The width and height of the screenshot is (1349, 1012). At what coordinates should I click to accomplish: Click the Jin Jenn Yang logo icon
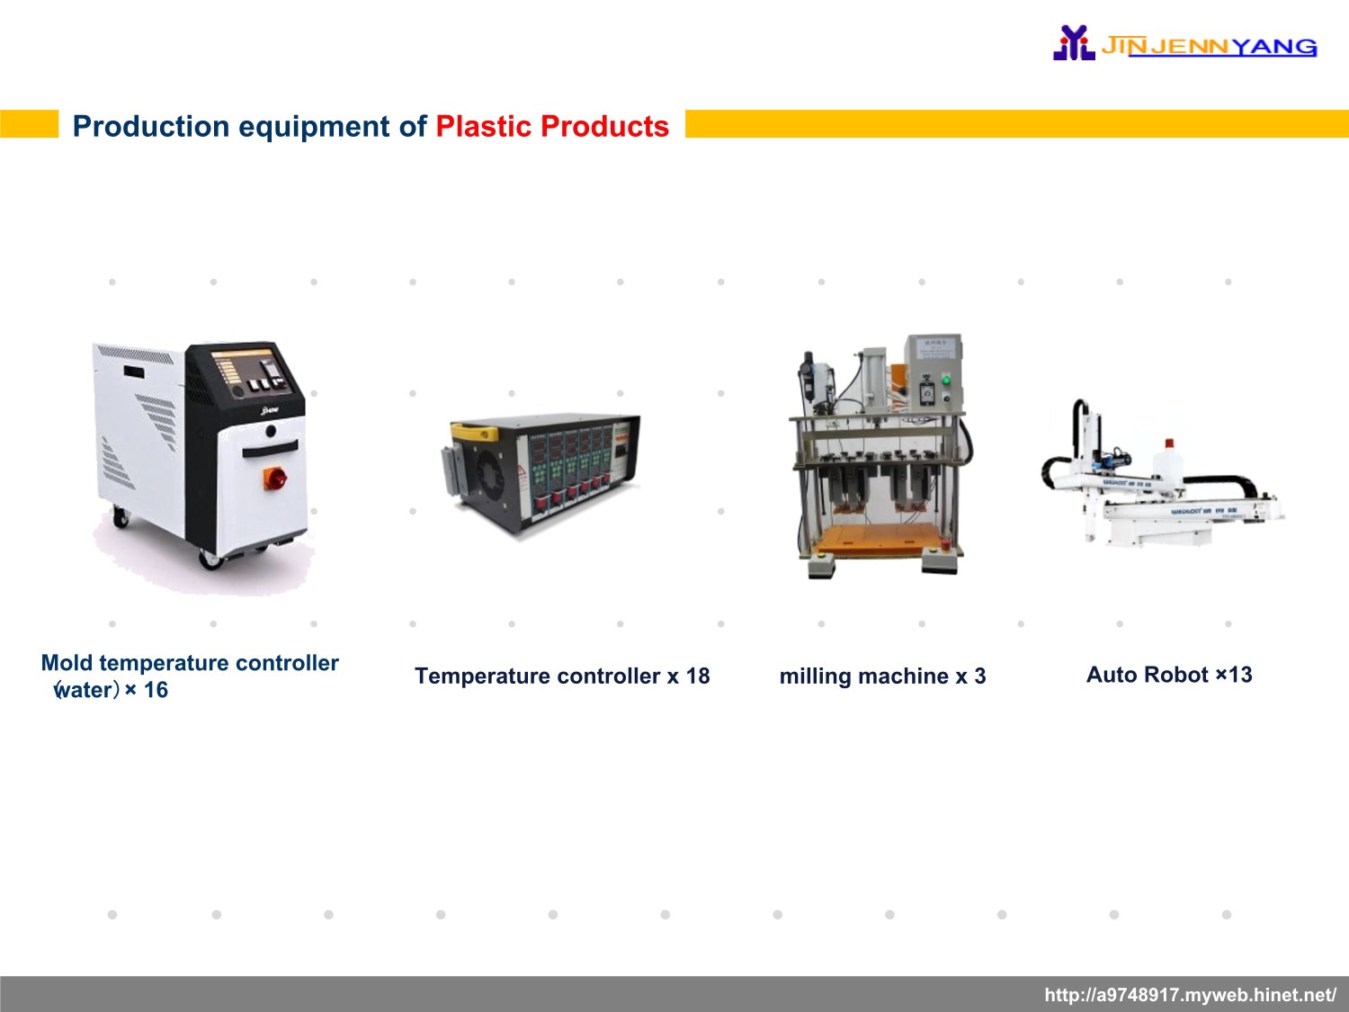[x=1074, y=42]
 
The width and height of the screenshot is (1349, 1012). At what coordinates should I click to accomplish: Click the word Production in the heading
[x=151, y=127]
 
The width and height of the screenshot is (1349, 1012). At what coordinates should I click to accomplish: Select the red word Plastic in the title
[x=484, y=127]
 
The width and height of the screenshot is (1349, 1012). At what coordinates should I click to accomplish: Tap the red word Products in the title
[x=604, y=127]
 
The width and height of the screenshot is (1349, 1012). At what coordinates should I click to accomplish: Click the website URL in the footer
[x=1191, y=995]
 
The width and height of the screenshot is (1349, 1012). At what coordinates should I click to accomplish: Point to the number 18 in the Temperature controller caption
[x=698, y=676]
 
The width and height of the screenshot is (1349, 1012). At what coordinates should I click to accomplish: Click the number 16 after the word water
[x=156, y=690]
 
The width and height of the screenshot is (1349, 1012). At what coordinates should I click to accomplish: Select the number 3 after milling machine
[x=979, y=676]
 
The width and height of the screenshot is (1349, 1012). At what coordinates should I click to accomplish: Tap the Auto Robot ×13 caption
[x=1169, y=675]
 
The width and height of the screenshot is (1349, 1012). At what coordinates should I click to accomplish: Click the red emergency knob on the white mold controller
[x=274, y=478]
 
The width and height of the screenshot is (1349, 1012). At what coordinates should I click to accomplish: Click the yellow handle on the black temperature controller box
[x=475, y=432]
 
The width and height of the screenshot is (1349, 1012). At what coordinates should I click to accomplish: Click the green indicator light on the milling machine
[x=946, y=381]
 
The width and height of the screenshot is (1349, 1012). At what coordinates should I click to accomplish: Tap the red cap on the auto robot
[x=1169, y=443]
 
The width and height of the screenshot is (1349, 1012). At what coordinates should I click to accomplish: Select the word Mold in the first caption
[x=67, y=663]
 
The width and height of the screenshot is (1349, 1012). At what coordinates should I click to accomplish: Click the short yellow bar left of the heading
[x=29, y=123]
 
